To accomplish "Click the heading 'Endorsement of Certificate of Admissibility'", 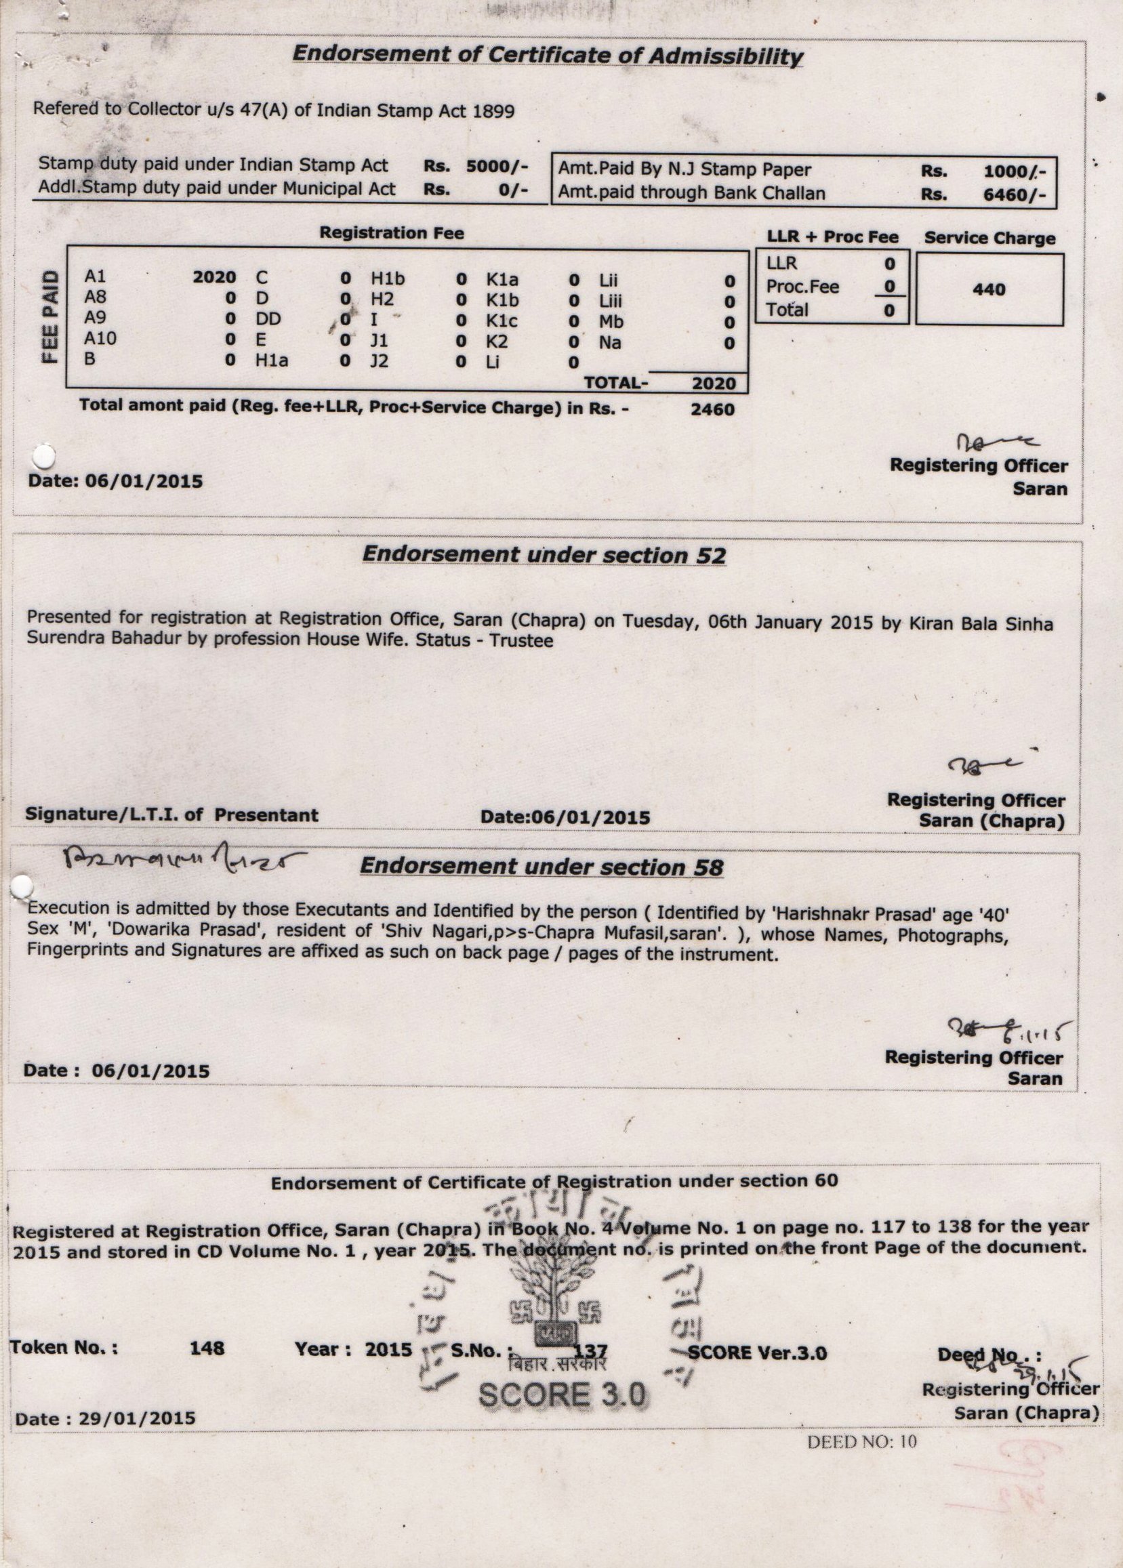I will click(x=547, y=55).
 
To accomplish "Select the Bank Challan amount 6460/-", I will click(x=1015, y=195).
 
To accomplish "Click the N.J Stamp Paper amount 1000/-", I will click(x=1015, y=171).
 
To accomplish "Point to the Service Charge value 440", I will click(x=989, y=289).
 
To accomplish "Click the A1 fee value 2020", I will click(x=213, y=277).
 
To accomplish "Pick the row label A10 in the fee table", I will click(x=100, y=338).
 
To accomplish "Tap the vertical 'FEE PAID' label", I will click(x=49, y=315).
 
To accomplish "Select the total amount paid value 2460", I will click(x=712, y=409).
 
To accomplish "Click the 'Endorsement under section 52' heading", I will click(x=544, y=554).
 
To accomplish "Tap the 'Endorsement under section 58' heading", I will click(x=542, y=866).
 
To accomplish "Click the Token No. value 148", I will click(x=207, y=1348).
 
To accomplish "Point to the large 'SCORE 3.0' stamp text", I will click(x=563, y=1395).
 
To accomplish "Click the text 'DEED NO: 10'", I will click(x=861, y=1441).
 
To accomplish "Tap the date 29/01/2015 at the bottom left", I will click(x=137, y=1419).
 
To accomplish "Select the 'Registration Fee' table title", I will click(x=392, y=233).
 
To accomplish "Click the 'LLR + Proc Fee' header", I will click(x=832, y=237).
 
